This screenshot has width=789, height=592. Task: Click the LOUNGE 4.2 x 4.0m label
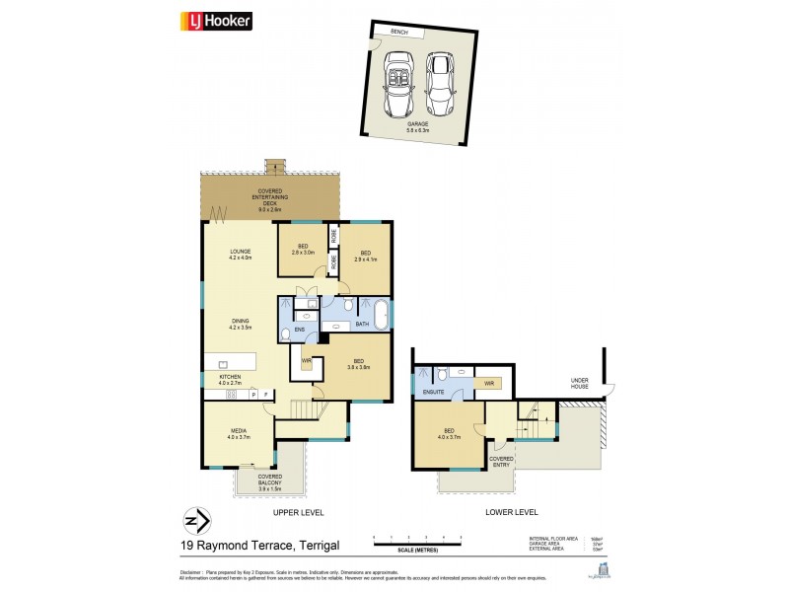click(x=242, y=255)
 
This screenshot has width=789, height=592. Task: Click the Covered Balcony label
click(x=255, y=481)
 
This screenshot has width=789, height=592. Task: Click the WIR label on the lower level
click(x=487, y=382)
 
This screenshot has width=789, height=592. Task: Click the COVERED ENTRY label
click(x=501, y=461)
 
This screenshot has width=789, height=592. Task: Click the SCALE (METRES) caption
click(x=418, y=550)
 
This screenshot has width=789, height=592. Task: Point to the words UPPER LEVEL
click(x=298, y=513)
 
